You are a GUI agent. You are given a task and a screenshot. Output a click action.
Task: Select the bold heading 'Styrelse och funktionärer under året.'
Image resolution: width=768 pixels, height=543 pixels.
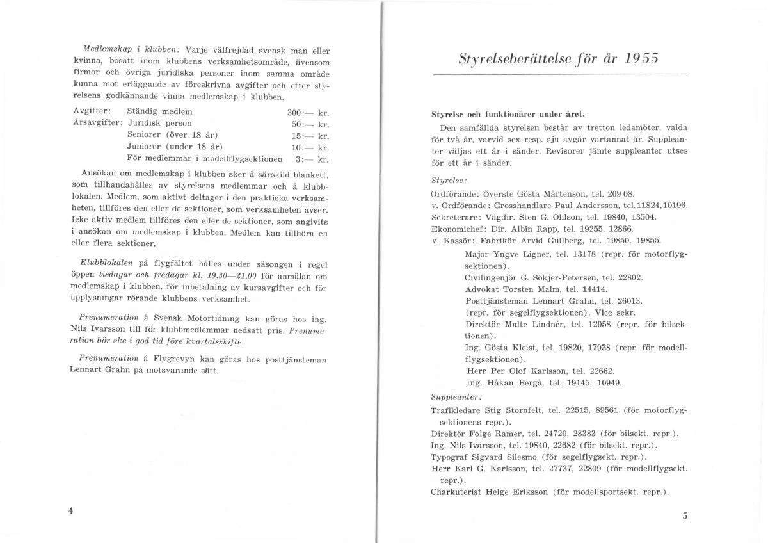(508, 114)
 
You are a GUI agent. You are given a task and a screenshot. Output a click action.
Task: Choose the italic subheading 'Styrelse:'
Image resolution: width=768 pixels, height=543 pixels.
(449, 181)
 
